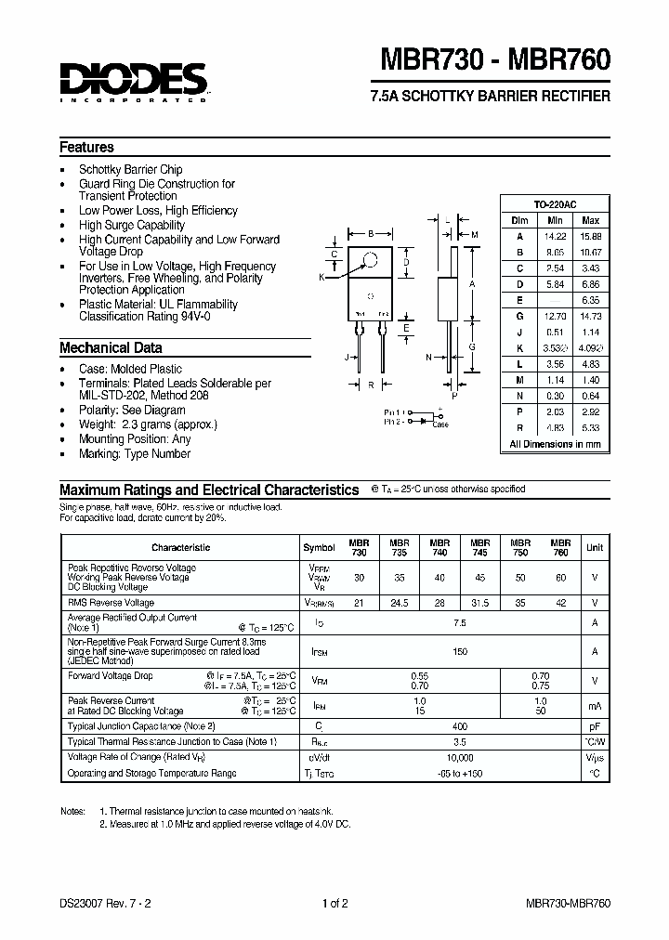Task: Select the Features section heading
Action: [86, 147]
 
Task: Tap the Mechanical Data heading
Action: [111, 348]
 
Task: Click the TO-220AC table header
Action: [555, 203]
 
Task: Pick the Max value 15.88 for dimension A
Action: [589, 236]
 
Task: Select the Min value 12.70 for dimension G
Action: [555, 316]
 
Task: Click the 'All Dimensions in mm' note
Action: [555, 444]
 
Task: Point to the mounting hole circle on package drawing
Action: [370, 261]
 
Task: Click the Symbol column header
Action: [320, 547]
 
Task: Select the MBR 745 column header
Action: [479, 547]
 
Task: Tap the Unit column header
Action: [594, 547]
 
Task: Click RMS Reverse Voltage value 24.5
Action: [399, 602]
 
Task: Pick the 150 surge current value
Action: [459, 652]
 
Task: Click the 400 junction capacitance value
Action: [459, 726]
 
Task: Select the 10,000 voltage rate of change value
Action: [459, 758]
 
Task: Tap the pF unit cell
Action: [594, 726]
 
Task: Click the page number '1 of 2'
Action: [334, 903]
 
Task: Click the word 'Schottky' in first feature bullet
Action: [101, 170]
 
